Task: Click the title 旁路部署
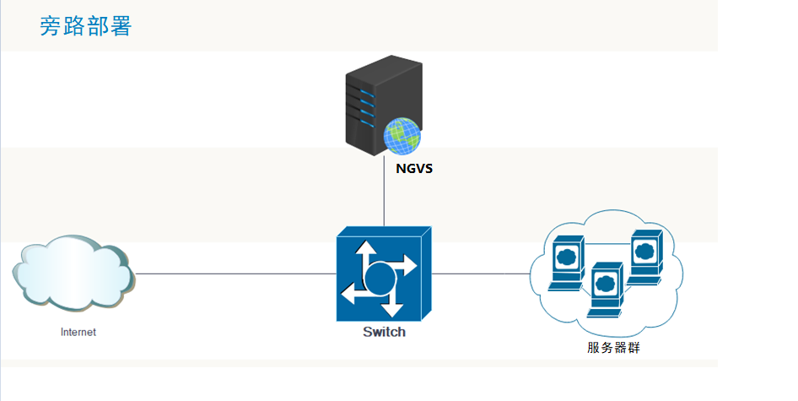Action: click(85, 26)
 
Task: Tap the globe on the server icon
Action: click(402, 135)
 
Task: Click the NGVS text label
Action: click(414, 168)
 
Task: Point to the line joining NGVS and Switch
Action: click(385, 203)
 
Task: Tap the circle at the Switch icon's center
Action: click(380, 276)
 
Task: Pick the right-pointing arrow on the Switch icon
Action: click(405, 267)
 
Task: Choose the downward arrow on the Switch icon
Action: click(394, 301)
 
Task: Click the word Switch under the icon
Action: click(384, 332)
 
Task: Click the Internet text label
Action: click(78, 332)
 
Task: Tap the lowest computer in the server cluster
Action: click(606, 288)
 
